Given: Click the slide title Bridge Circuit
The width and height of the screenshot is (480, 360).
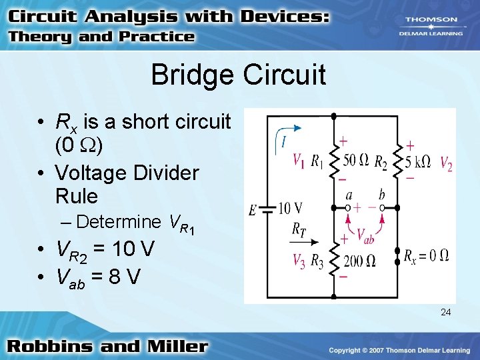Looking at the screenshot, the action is click(238, 75).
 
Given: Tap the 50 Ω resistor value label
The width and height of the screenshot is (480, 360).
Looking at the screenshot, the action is click(356, 160).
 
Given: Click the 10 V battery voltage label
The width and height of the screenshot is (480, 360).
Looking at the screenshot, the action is click(290, 209).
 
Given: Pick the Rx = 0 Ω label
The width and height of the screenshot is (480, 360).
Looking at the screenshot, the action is click(426, 255).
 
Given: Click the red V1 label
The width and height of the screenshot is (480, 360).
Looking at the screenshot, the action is click(299, 161).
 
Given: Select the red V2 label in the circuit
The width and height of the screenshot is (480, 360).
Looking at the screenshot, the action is click(446, 165).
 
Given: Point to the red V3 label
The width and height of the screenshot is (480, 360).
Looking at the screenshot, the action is click(299, 260).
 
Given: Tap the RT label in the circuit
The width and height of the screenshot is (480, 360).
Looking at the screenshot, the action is click(299, 229).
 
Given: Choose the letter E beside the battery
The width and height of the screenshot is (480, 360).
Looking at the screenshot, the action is click(253, 211).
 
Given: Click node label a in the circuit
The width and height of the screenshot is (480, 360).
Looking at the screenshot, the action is click(349, 195).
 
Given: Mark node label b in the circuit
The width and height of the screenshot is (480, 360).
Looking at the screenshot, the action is click(381, 195).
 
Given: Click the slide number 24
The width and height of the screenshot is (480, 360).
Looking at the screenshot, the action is click(445, 311).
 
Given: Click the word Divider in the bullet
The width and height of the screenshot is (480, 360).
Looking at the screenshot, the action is click(160, 173).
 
